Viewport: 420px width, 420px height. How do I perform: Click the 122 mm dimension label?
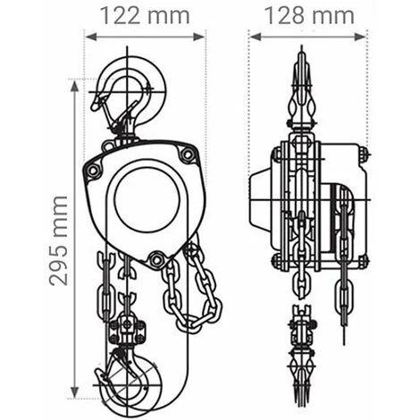pyautogui.click(x=145, y=16)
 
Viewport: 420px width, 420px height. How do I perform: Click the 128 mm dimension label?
pyautogui.click(x=309, y=16)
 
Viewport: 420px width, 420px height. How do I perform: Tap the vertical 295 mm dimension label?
pyautogui.click(x=59, y=240)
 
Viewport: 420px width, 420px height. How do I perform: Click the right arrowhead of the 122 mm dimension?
pyautogui.click(x=198, y=37)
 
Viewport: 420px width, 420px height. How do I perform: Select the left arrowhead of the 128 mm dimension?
pyautogui.click(x=256, y=37)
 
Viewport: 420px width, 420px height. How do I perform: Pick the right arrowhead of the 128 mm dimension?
pyautogui.click(x=359, y=37)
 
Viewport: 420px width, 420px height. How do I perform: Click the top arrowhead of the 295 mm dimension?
pyautogui.click(x=74, y=86)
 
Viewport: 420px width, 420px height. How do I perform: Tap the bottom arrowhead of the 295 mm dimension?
pyautogui.click(x=74, y=391)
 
